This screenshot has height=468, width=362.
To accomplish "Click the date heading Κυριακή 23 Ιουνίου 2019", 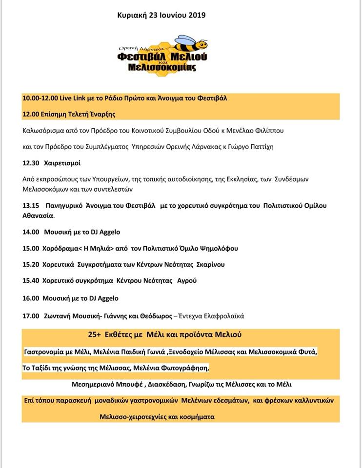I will pos(161,15).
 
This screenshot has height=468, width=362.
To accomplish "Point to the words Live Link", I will pos(73,98).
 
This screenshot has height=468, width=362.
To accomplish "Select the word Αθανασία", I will pos(39,215).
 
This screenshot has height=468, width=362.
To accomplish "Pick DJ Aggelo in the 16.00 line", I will pos(102,298).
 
